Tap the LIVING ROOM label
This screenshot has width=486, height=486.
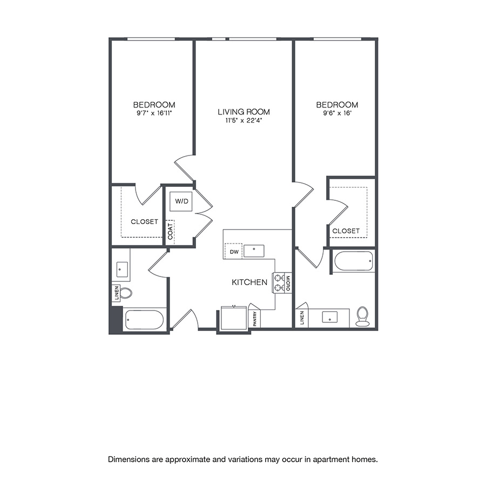244,112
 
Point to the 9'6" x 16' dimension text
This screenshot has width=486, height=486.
337,113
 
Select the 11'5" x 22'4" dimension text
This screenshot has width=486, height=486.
244,121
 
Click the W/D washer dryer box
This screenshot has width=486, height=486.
181,202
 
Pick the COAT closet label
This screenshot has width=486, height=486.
171,231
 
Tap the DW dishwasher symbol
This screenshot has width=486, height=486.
233,251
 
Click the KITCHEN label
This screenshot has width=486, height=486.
249,282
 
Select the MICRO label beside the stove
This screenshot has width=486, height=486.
288,283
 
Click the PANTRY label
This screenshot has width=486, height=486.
255,318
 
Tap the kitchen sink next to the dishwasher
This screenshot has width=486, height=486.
253,250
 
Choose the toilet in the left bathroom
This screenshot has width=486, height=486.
126,293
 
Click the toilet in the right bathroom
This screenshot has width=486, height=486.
362,316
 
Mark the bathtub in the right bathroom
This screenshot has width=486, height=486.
354,261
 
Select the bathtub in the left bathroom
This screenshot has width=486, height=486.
144,320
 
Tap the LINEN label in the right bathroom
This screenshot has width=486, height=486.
301,318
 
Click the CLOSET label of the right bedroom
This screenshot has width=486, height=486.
346,231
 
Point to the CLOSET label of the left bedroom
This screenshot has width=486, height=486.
144,221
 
